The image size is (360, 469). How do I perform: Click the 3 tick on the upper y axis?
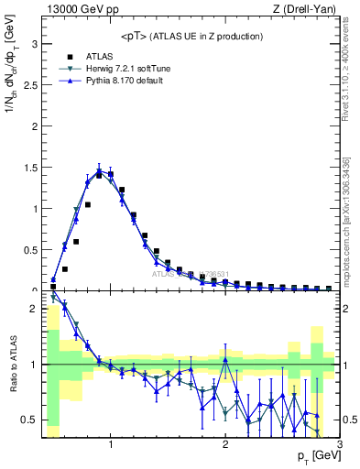click(35, 43)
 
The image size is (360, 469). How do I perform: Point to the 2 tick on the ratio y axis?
click(35, 309)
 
